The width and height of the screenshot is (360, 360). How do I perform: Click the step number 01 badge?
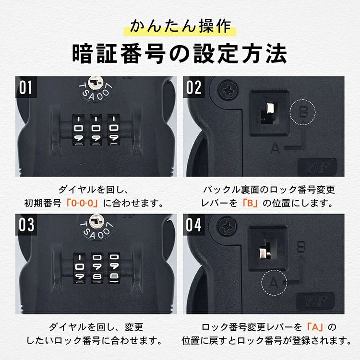coord(26,87)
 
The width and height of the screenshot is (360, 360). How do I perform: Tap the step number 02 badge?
coord(193,87)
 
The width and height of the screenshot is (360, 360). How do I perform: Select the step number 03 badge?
coord(26,225)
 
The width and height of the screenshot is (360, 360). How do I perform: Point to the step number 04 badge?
coord(193,225)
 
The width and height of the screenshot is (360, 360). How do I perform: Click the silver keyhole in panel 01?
coord(96,83)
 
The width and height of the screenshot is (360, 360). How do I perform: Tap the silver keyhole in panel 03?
coord(96,221)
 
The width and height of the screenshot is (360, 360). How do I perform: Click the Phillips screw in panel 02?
coord(228,90)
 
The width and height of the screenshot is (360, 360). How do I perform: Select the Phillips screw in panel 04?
coord(227,227)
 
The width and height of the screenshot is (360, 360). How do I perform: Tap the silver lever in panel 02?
coord(270,109)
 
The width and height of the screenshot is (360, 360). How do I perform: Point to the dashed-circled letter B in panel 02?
coord(303,112)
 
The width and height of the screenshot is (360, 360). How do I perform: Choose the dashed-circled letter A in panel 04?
coord(275,283)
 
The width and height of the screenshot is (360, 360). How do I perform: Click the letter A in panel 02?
coord(276,148)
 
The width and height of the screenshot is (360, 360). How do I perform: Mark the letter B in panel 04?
coord(301,247)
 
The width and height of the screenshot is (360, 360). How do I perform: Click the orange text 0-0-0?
coord(82,203)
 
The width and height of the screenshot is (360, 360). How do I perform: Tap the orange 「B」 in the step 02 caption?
coord(250,203)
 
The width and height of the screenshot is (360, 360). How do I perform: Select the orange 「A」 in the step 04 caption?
coord(315,327)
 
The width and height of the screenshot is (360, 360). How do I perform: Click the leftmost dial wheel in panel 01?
coord(79,130)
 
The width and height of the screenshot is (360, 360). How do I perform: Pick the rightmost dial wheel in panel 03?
coord(114,268)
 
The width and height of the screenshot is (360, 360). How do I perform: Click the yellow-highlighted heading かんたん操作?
coord(180,27)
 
